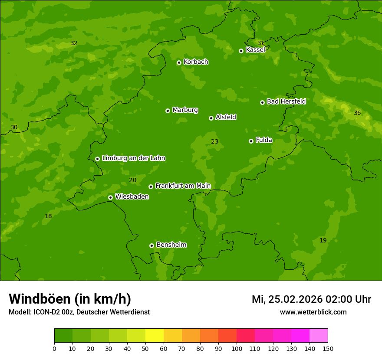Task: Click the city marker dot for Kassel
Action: pos(241,51)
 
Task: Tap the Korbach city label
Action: pos(196,62)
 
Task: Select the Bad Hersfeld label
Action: pos(286,101)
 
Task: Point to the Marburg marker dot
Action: pos(168,111)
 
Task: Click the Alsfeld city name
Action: pos(226,117)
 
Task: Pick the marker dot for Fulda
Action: pos(251,141)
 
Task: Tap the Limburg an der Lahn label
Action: pos(133,158)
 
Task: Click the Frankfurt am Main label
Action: pos(183,186)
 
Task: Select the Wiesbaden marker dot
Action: pos(110,197)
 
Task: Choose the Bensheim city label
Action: pos(171,245)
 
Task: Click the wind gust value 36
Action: pos(357,113)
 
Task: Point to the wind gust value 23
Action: pos(214,141)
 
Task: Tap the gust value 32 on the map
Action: pos(74,43)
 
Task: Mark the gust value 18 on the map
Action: pos(48,216)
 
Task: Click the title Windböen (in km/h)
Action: pos(70,299)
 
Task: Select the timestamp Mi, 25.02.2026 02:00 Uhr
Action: pos(311,299)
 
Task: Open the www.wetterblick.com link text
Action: pos(313,312)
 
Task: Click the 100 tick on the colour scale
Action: pos(237,348)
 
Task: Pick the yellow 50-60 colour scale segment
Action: pos(155,335)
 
